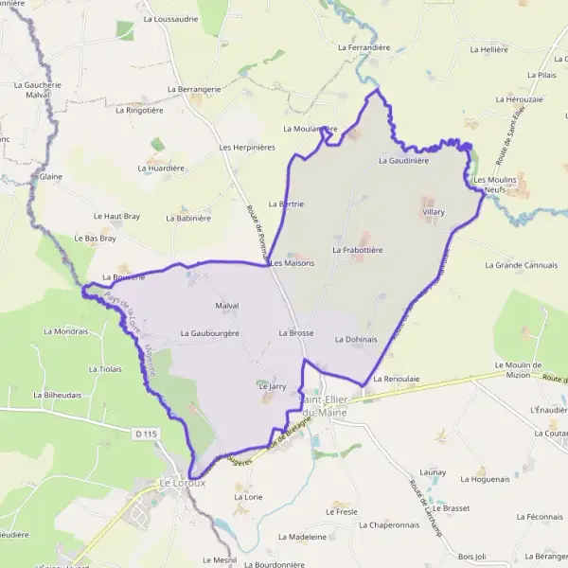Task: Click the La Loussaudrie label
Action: tap(170, 18)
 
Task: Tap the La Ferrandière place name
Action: tap(364, 45)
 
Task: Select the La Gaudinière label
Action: tap(403, 161)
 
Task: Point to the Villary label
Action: tap(433, 212)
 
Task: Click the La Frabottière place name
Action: tap(357, 250)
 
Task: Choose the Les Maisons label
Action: tap(293, 262)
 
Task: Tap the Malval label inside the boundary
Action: tap(227, 306)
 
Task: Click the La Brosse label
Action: tap(295, 333)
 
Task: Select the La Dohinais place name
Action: tap(356, 339)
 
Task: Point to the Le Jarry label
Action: tap(272, 386)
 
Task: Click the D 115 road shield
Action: tap(145, 434)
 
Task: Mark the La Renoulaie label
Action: tap(396, 379)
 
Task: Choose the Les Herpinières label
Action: tap(246, 148)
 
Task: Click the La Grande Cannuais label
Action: tap(521, 265)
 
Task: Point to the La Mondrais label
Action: tap(66, 331)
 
